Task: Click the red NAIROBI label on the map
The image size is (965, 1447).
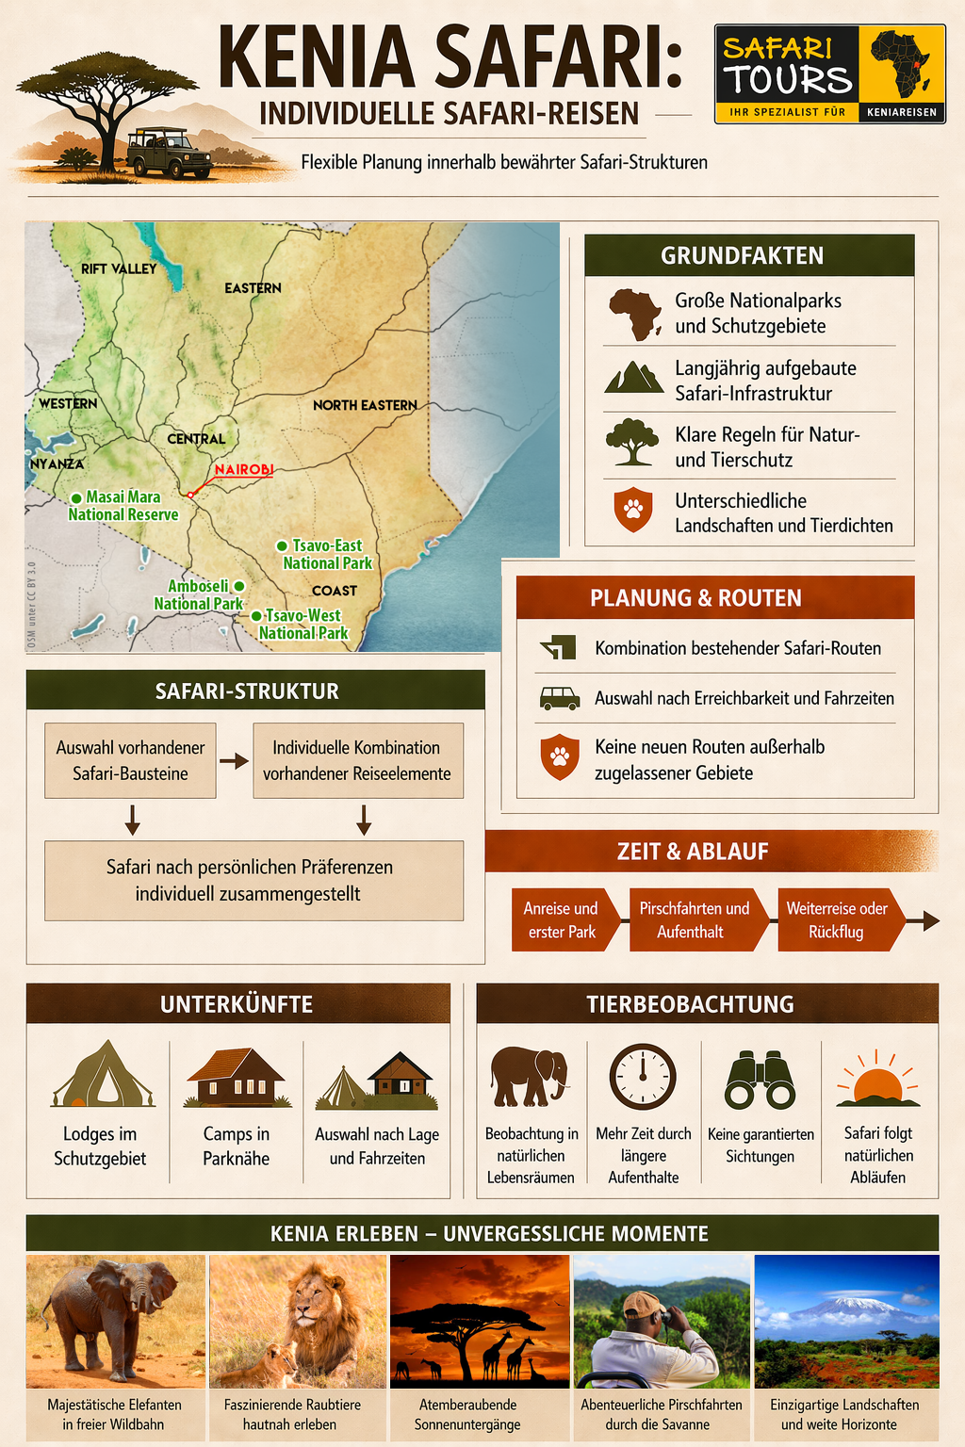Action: [243, 469]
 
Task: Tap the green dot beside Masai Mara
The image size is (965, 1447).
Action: [76, 497]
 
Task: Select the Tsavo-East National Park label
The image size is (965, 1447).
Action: [327, 554]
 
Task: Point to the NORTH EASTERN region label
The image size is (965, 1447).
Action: [365, 405]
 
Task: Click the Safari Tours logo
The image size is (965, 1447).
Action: [829, 73]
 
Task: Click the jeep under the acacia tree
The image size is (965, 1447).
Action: [169, 154]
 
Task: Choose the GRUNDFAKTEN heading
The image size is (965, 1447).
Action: [742, 255]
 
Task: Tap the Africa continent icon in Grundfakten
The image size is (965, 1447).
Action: [634, 314]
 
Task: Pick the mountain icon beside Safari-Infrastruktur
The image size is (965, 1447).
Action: [633, 378]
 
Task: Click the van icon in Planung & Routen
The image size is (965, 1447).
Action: [559, 698]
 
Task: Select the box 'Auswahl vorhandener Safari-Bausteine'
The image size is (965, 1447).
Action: [130, 760]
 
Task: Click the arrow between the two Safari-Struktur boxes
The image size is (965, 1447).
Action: [234, 761]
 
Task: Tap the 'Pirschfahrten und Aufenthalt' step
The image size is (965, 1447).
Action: [694, 920]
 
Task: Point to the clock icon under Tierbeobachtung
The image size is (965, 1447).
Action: [643, 1077]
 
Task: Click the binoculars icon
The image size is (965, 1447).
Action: [760, 1080]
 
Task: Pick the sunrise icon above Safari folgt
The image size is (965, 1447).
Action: [877, 1080]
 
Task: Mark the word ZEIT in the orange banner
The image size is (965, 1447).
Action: [637, 852]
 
